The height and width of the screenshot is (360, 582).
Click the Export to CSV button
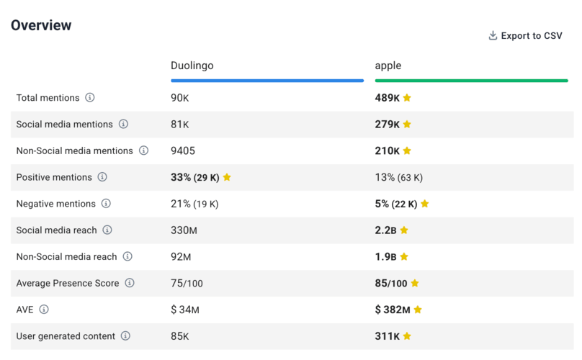click(525, 36)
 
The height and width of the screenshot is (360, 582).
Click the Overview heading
click(41, 25)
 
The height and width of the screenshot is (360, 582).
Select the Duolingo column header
click(192, 66)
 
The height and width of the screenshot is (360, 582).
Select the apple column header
click(388, 66)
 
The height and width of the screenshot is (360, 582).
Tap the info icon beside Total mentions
click(90, 97)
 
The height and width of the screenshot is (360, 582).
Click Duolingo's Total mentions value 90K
click(180, 98)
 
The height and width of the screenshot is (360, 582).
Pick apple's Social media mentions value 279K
click(387, 125)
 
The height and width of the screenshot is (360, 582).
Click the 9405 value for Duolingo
click(183, 151)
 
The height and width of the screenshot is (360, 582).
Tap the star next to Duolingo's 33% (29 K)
click(227, 177)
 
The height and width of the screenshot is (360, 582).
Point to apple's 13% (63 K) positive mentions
click(398, 178)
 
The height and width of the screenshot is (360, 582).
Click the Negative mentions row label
click(55, 204)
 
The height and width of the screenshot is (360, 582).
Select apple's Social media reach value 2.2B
click(385, 230)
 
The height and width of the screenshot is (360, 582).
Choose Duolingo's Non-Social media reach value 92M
click(182, 257)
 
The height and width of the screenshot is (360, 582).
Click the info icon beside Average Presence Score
click(130, 283)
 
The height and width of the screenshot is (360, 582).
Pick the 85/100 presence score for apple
click(391, 284)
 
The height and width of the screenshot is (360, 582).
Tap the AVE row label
click(24, 310)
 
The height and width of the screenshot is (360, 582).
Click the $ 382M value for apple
click(393, 310)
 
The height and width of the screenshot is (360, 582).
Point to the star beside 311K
click(407, 336)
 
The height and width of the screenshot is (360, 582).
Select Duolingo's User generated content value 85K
click(180, 336)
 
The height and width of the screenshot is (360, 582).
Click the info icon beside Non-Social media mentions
click(143, 150)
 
